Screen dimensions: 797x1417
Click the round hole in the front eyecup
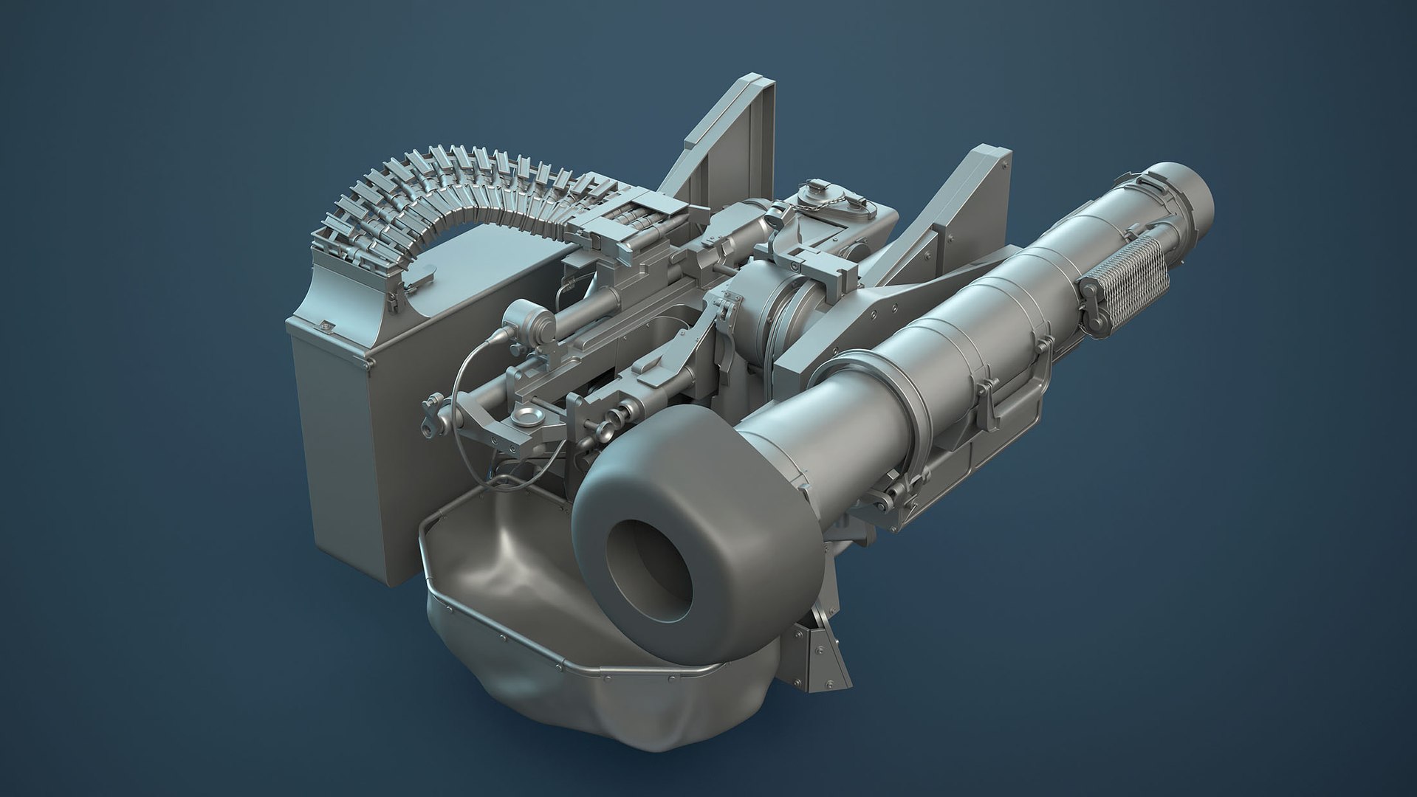[649, 569]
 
